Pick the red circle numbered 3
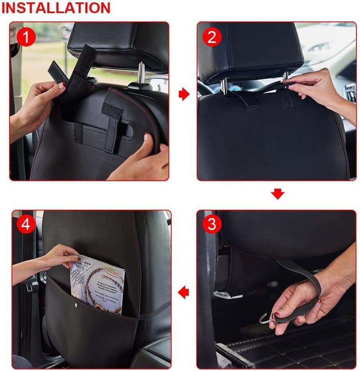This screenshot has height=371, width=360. point(212,225)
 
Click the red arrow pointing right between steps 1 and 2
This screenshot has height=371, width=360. point(184,95)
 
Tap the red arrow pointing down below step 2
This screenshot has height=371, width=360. point(278,194)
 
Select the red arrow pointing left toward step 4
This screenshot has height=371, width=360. point(183,293)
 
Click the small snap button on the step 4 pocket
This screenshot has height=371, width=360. point(77,305)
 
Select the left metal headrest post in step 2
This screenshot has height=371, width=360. point(224,86)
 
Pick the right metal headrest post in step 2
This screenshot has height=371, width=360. point(285,77)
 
